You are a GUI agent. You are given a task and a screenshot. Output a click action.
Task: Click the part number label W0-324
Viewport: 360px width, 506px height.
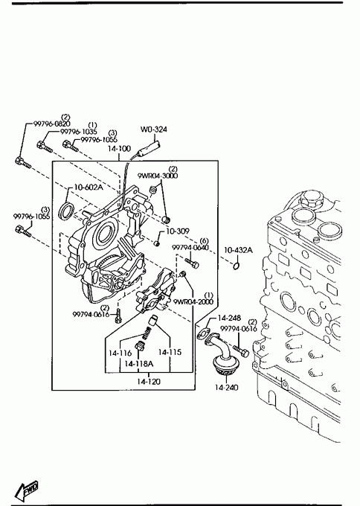[x=153, y=129]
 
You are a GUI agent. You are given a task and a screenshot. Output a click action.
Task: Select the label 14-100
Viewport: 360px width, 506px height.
[x=119, y=149]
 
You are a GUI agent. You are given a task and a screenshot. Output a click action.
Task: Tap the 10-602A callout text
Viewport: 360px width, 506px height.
[x=89, y=188]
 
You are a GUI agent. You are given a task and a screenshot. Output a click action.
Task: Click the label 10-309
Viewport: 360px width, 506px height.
[x=178, y=231]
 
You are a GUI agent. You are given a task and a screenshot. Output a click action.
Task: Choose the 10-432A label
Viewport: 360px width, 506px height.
[x=238, y=250]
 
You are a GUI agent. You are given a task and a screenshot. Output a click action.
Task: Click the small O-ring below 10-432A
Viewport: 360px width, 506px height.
[x=236, y=266]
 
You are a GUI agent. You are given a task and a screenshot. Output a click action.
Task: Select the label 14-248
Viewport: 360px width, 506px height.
[x=229, y=318]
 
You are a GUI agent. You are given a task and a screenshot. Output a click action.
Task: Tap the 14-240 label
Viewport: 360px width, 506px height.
[x=226, y=387]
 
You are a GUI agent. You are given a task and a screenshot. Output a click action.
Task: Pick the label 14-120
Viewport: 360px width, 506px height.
[x=148, y=382]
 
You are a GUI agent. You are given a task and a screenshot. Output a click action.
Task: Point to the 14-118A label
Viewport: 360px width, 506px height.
[x=138, y=364]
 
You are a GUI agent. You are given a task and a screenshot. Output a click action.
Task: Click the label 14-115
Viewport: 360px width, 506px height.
[x=170, y=352]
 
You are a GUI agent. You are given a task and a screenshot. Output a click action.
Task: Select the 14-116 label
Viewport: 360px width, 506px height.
[x=120, y=353]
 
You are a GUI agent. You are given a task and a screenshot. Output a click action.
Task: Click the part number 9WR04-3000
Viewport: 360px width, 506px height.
[x=158, y=176]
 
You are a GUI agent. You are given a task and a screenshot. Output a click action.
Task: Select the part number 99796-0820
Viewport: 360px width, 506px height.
[x=52, y=124]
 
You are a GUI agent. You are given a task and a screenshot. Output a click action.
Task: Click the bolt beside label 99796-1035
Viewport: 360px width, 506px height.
[x=44, y=147]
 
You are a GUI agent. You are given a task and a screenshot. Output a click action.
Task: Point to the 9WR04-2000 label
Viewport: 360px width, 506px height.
[x=193, y=301]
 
